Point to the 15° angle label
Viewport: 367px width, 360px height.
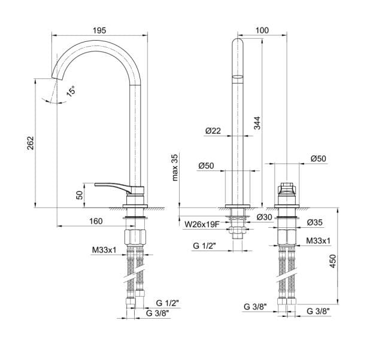pyautogui.click(x=71, y=91)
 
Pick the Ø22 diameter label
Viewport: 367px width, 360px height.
pyautogui.click(x=213, y=131)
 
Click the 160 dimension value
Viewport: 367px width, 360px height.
pyautogui.click(x=95, y=221)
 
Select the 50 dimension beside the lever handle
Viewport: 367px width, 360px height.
pyautogui.click(x=78, y=195)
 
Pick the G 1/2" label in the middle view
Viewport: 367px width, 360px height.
pyautogui.click(x=205, y=246)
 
